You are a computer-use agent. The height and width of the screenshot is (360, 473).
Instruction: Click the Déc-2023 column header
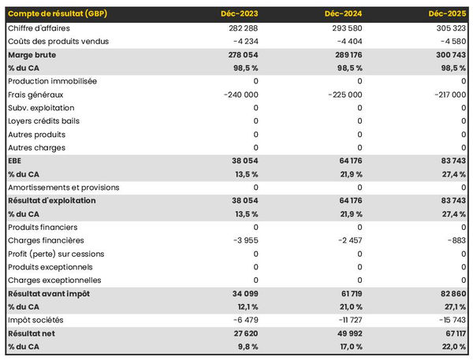[x=240, y=14]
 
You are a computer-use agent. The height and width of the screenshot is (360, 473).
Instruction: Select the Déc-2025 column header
[x=447, y=14]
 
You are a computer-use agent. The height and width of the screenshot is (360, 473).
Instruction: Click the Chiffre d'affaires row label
[x=42, y=28]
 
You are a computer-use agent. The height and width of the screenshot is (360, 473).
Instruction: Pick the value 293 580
[x=345, y=28]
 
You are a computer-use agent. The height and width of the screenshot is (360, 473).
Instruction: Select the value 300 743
[x=447, y=54]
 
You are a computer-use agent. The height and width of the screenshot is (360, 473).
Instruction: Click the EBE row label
[x=14, y=161]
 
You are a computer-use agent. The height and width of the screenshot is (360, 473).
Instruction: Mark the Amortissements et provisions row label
[x=63, y=187]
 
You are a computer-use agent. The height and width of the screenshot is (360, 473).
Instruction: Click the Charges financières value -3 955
[x=242, y=240]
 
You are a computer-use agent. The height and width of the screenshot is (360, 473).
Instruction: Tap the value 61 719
[x=348, y=294]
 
